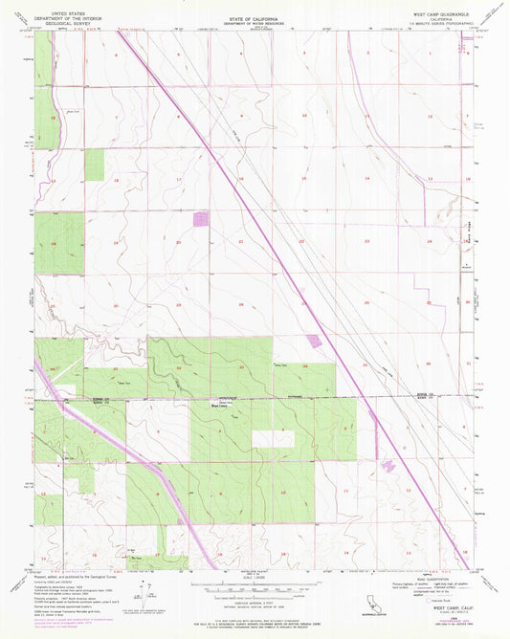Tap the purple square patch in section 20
(201, 219)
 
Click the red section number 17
(177, 180)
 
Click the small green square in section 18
(94, 165)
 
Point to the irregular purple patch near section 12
(388, 466)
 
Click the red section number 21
(240, 242)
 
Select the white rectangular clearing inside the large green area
(274, 438)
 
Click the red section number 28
(240, 305)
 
